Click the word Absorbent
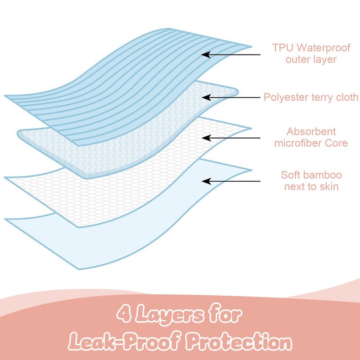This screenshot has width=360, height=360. [311, 132]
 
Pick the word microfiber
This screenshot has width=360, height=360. [302, 144]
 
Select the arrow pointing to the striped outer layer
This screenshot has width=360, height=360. [231, 54]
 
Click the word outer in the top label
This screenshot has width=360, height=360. [299, 59]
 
